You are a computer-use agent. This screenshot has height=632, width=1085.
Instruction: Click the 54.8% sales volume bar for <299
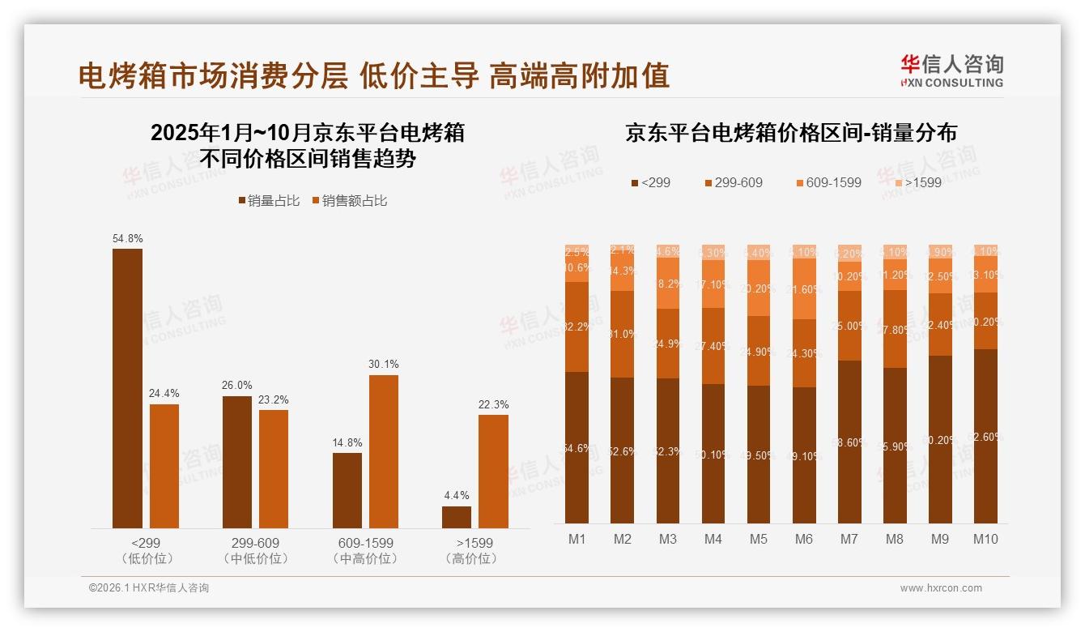[x=127, y=388]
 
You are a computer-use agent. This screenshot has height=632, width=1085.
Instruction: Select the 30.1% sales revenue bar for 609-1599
[x=384, y=451]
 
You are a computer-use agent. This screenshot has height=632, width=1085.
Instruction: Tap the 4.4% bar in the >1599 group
[x=457, y=517]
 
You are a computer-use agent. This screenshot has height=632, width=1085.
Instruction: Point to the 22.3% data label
[x=493, y=404]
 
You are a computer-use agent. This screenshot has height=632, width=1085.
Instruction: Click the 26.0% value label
[x=236, y=385]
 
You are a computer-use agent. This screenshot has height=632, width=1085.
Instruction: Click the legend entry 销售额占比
[x=349, y=200]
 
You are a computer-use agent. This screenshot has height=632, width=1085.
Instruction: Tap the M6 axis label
[x=803, y=539]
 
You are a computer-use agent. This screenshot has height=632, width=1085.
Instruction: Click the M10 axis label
[x=985, y=539]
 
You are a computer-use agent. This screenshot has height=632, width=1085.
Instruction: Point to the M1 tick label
[x=577, y=539]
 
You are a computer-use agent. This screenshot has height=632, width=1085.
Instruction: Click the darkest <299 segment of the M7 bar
[x=849, y=442]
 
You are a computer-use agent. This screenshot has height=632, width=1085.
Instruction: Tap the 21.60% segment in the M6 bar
[x=804, y=288]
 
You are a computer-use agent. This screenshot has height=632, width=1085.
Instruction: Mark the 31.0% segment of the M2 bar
[x=622, y=334]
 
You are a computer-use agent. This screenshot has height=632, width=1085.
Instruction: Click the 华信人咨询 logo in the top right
[x=951, y=70]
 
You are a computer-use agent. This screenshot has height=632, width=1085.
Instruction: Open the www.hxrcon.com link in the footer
[x=941, y=588]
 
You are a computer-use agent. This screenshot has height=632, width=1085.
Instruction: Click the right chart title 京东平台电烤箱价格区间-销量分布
[x=790, y=133]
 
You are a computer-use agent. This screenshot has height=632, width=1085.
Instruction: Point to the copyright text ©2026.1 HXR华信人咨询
[x=148, y=588]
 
